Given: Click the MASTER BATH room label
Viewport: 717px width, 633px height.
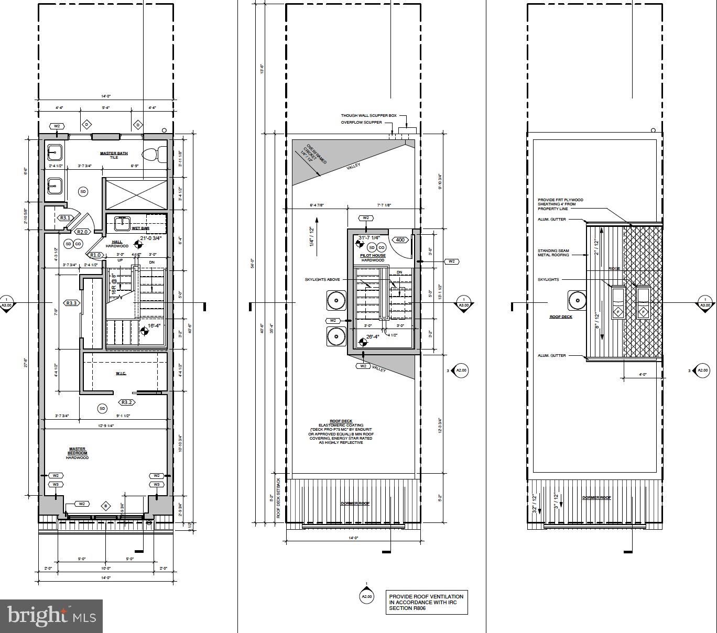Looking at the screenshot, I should coord(114,154).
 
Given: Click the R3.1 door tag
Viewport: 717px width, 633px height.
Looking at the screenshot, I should coord(65,218).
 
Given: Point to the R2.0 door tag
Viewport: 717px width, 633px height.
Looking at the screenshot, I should coord(83,232).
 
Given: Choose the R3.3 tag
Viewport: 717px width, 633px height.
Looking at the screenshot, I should coord(71,303).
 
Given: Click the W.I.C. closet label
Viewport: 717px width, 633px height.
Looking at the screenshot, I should coord(121,373).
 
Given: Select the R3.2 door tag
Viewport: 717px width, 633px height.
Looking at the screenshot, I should coord(127,402).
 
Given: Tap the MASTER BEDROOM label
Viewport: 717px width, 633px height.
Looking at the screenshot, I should coord(77,453).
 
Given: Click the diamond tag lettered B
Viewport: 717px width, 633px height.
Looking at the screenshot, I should coord(106,506).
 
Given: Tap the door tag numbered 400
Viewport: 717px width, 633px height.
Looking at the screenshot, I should coord(400,240).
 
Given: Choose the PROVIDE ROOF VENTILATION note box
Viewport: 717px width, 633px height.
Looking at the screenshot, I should coord(427,602).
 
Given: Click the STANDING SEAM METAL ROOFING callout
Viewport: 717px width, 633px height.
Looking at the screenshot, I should coord(553,253).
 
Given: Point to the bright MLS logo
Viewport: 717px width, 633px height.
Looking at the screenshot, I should coord(51,616).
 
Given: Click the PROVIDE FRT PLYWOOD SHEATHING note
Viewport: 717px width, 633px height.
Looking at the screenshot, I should coord(560,204).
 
